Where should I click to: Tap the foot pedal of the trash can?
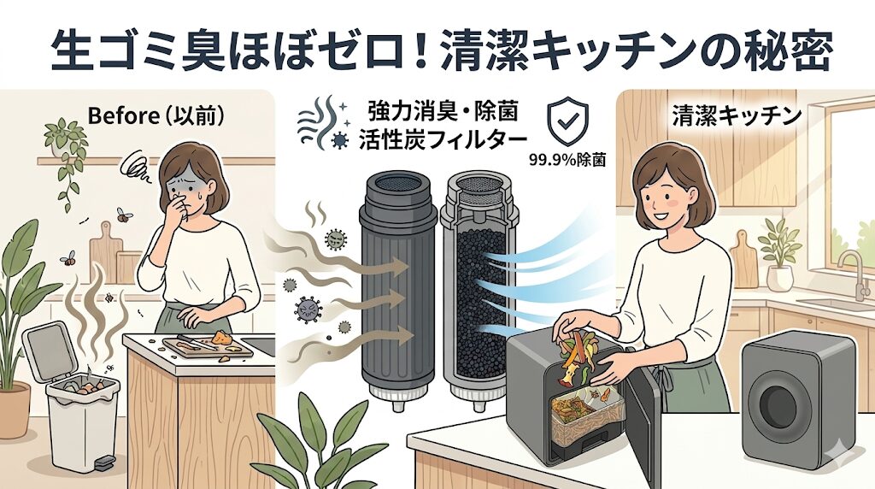(105, 462)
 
